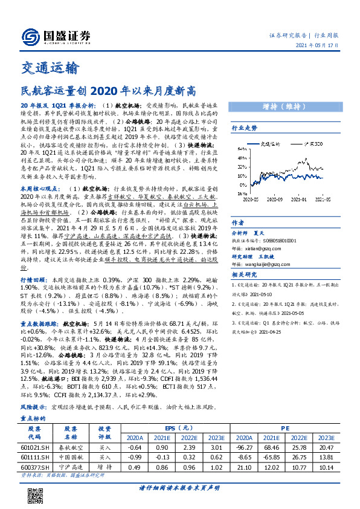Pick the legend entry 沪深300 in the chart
(315, 145)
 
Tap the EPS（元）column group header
(182, 427)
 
